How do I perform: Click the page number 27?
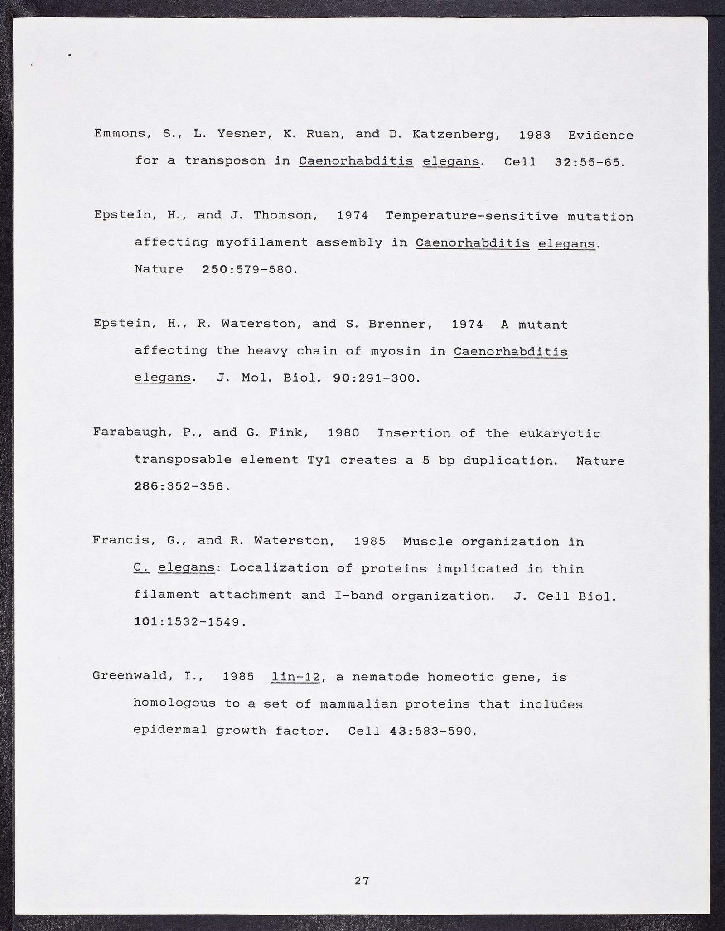click(x=362, y=881)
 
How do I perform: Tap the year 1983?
click(x=535, y=135)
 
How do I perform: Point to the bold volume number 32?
click(x=564, y=162)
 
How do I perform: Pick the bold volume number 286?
click(x=148, y=487)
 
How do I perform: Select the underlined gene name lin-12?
click(x=295, y=677)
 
